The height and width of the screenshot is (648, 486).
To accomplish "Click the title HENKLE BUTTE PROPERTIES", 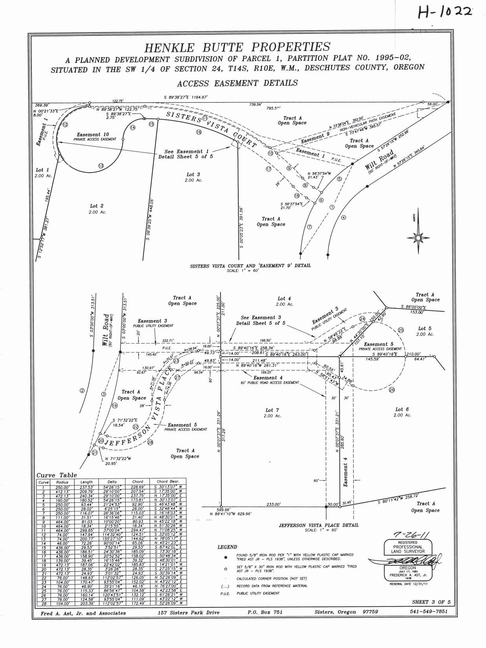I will pyautogui.click(x=237, y=48).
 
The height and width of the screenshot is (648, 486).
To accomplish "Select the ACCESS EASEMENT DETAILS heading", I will pyautogui.click(x=237, y=83).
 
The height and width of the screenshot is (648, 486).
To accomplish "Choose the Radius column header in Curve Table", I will pyautogui.click(x=62, y=482).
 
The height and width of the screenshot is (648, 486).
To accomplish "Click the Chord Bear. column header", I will pyautogui.click(x=168, y=482).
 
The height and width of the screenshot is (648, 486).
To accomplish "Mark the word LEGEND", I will pyautogui.click(x=227, y=547).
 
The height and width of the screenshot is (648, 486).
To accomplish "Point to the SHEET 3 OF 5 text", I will pyautogui.click(x=430, y=602).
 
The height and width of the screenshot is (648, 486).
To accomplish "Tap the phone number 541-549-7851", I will pyautogui.click(x=428, y=612).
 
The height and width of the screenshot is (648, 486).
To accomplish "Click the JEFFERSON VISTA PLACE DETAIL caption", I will pyautogui.click(x=319, y=525).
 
